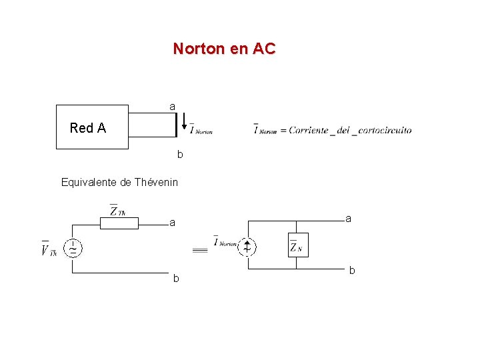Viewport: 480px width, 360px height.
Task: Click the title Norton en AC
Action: click(224, 49)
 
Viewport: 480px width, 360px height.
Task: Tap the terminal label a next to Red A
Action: click(173, 107)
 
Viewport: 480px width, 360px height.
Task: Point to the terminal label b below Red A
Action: click(179, 155)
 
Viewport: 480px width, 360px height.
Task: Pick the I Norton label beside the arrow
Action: click(201, 130)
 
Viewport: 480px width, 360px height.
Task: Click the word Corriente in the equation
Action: click(309, 131)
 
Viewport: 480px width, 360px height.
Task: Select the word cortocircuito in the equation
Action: click(385, 131)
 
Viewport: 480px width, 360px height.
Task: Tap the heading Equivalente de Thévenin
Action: click(119, 182)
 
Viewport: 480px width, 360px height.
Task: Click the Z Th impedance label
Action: click(118, 210)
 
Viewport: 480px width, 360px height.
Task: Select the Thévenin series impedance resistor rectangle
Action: click(119, 223)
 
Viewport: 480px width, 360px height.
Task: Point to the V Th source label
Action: click(49, 249)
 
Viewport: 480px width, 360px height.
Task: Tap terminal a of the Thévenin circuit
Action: click(172, 223)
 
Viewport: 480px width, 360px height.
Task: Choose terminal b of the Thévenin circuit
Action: click(176, 278)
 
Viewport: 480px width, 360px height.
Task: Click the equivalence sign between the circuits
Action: click(200, 250)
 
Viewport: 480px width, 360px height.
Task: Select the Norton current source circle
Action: click(247, 247)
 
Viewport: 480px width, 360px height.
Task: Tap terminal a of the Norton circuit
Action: click(349, 218)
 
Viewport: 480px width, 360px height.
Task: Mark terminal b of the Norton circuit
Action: click(352, 271)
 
